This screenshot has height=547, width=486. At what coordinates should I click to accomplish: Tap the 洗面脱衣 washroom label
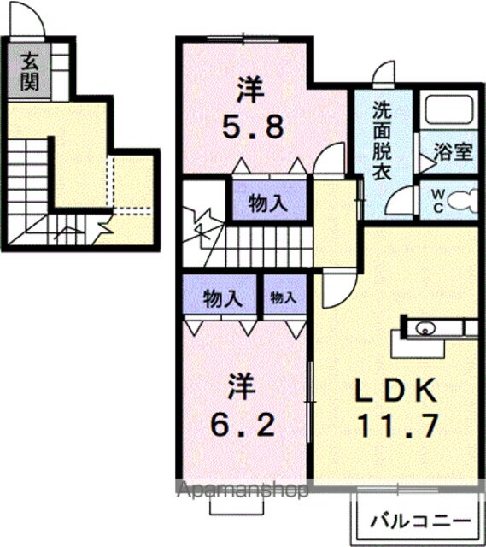click(x=380, y=139)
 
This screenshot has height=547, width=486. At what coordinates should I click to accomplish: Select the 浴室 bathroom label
click(x=454, y=153)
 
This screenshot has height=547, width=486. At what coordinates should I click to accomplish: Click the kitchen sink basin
click(x=424, y=328)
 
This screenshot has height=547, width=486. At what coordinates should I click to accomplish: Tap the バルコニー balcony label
click(x=419, y=521)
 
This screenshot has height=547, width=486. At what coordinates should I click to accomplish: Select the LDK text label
click(x=396, y=391)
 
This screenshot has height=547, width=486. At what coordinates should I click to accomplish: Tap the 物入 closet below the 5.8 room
click(x=266, y=203)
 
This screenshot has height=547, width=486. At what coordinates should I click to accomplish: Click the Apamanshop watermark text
click(x=243, y=491)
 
